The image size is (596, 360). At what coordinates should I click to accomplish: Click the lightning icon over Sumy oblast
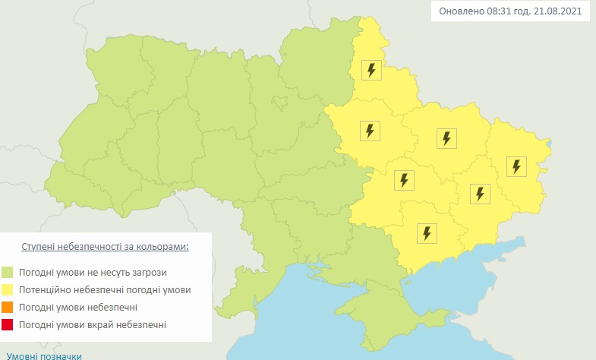click(371, 71)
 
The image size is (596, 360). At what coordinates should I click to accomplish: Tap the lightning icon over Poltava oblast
click(370, 131)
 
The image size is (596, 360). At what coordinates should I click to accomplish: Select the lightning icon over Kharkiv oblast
click(446, 138)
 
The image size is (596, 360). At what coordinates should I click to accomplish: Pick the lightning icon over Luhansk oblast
click(517, 166)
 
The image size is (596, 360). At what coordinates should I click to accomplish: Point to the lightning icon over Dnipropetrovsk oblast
click(404, 180)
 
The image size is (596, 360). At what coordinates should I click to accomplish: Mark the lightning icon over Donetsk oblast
click(479, 194)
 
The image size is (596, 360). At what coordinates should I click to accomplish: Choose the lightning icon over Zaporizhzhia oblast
click(427, 232)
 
